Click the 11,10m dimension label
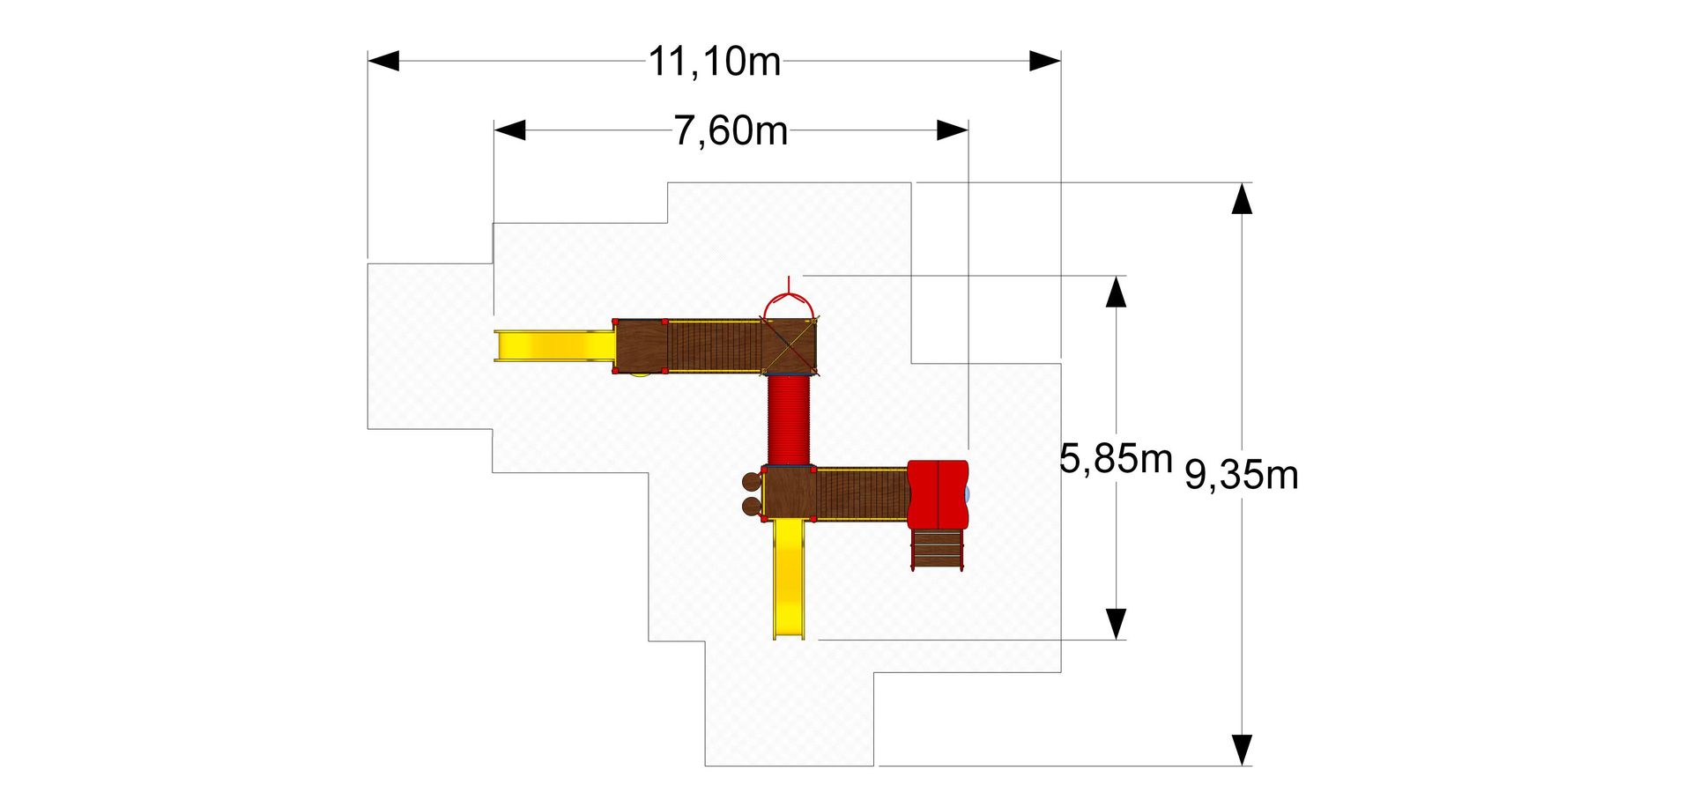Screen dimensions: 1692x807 coord(715,62)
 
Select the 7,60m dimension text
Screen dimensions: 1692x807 coord(731,130)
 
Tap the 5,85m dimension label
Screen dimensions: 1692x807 coord(1116,458)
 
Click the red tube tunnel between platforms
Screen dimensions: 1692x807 coord(789,419)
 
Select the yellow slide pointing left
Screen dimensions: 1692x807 coord(554,345)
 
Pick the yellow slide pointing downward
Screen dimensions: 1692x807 coord(790,579)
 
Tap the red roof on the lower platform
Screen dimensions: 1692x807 coord(938,494)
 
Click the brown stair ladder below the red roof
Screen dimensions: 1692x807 coord(937,549)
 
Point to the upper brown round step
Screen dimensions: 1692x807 coord(751,482)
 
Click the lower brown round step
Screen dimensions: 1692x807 coord(751,506)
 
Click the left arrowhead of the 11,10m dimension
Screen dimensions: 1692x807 coord(383,61)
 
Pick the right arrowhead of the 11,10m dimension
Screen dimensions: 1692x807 coord(1045,61)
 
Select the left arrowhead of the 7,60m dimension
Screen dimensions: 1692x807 coord(509,130)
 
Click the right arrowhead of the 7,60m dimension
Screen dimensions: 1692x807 coord(953,130)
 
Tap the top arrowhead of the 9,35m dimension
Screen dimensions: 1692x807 coord(1242,198)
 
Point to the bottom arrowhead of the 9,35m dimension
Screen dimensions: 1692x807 coord(1242,750)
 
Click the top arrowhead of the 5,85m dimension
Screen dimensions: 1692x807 coord(1116,292)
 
